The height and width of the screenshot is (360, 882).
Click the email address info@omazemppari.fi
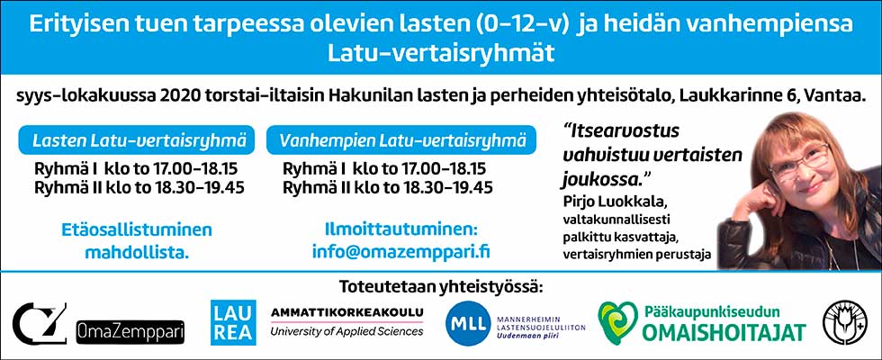click(401, 251)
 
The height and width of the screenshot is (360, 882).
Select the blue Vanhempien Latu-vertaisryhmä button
click(401, 140)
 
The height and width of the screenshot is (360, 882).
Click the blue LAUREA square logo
click(233, 322)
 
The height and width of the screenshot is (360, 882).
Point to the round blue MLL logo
click(467, 323)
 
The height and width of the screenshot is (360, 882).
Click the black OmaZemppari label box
click(130, 331)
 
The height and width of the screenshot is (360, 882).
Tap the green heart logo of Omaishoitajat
click(616, 322)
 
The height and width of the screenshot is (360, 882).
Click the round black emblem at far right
click(845, 323)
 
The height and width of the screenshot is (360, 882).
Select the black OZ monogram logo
click(40, 323)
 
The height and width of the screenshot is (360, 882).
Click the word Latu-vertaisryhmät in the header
click(441, 53)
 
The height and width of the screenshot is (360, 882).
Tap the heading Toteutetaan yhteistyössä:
click(442, 287)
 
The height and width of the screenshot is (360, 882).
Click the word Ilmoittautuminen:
click(401, 229)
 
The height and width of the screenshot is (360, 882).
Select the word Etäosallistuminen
click(137, 229)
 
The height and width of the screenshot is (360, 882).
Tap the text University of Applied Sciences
click(346, 332)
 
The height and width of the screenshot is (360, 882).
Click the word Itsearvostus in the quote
click(622, 131)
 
